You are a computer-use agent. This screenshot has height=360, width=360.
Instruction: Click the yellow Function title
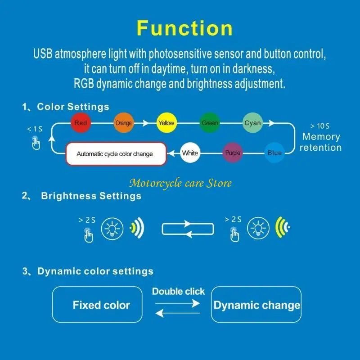[x=184, y=28]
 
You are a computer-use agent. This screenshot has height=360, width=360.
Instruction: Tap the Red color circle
[x=81, y=123]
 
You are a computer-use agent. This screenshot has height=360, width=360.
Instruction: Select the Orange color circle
[x=123, y=123]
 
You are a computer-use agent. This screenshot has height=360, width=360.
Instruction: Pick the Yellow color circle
[x=166, y=123]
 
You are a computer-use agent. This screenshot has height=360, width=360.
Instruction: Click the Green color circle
[x=210, y=123]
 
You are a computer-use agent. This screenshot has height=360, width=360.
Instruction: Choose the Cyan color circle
[x=252, y=123]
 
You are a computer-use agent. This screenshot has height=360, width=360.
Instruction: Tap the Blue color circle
[x=274, y=153]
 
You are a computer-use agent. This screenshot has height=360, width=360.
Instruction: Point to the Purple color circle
[x=233, y=153]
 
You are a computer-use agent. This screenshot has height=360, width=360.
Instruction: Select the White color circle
[x=189, y=153]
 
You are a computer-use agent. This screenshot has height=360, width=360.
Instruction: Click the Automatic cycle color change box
[x=115, y=154]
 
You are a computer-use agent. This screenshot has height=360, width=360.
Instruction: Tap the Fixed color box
[x=101, y=305]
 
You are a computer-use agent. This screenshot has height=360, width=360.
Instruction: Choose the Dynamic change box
[x=256, y=305]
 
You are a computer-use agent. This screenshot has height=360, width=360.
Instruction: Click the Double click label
[x=178, y=292]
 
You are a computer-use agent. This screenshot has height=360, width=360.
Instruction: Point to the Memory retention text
[x=320, y=142]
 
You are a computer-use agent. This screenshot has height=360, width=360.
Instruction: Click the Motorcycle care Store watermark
[x=180, y=183]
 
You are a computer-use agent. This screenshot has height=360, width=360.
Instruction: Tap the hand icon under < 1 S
[x=36, y=143]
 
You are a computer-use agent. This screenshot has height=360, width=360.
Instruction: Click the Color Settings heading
[x=73, y=107]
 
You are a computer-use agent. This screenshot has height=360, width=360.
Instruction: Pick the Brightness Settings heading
[x=91, y=196]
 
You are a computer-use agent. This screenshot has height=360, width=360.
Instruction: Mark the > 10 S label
[x=320, y=126]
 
